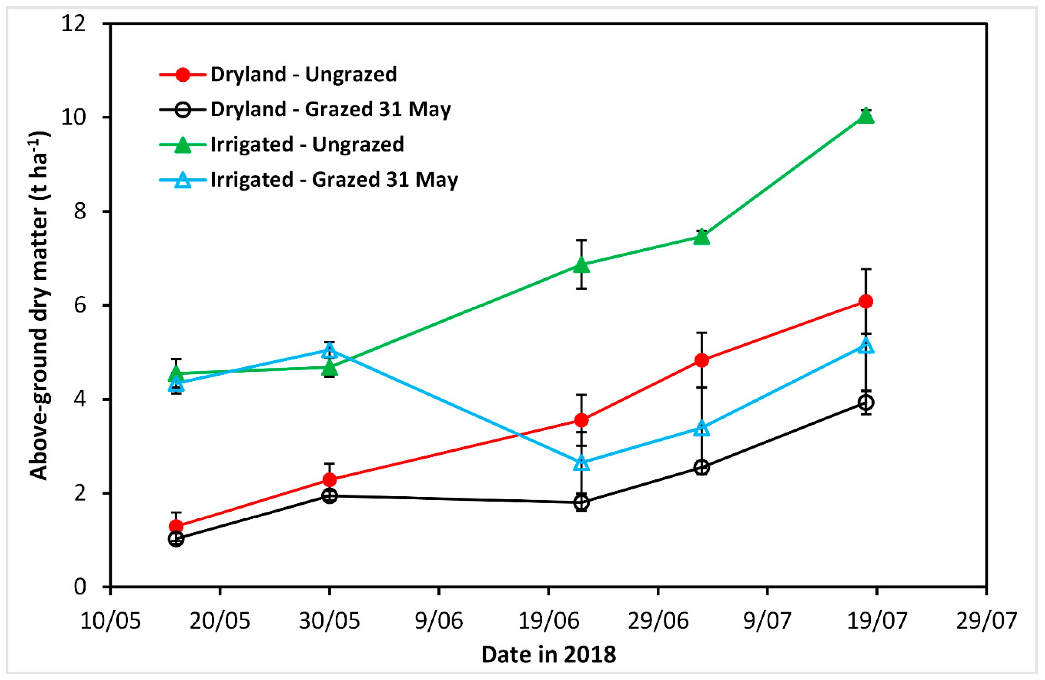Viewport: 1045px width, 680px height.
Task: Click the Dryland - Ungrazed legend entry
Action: click(x=303, y=74)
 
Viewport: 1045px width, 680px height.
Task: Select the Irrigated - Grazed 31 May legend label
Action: click(x=334, y=180)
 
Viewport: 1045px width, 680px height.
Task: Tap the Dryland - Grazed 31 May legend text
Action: click(x=330, y=109)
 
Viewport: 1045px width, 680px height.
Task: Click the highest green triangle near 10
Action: click(x=865, y=116)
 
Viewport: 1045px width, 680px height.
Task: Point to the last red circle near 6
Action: click(x=865, y=301)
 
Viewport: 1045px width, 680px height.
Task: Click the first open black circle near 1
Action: click(x=176, y=539)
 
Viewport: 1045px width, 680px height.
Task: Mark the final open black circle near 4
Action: click(x=865, y=402)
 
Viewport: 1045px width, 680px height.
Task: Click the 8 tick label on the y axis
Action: click(x=79, y=211)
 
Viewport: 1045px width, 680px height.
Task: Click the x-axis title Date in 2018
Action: click(x=548, y=655)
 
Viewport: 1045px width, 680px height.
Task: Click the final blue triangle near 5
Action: click(x=865, y=346)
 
